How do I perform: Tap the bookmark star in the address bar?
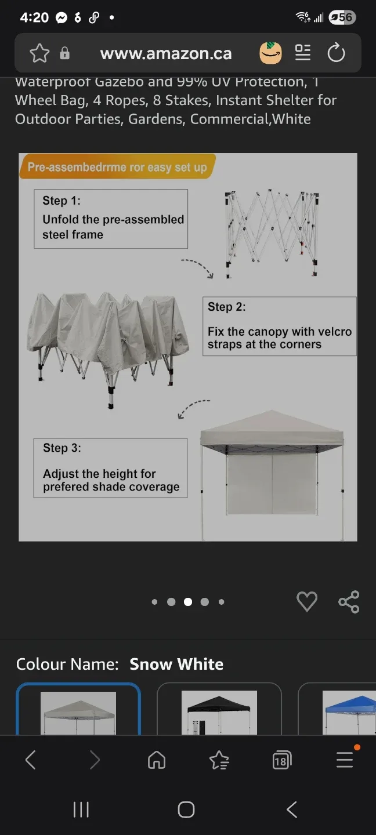[39, 53]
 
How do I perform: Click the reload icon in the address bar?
[336, 53]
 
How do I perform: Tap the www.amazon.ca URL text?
[166, 54]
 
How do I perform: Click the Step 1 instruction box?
[111, 219]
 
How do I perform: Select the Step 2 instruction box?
[279, 326]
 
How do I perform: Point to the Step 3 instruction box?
[111, 468]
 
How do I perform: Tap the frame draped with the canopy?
[107, 342]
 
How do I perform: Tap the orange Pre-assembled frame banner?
[117, 167]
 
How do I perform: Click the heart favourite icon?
[307, 602]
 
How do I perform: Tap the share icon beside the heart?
[349, 602]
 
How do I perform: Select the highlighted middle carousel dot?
[188, 602]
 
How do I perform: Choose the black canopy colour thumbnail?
[219, 712]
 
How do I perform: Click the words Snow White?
[176, 665]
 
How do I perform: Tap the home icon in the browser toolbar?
[157, 760]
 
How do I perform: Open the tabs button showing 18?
[281, 760]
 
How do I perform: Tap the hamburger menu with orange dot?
[345, 760]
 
